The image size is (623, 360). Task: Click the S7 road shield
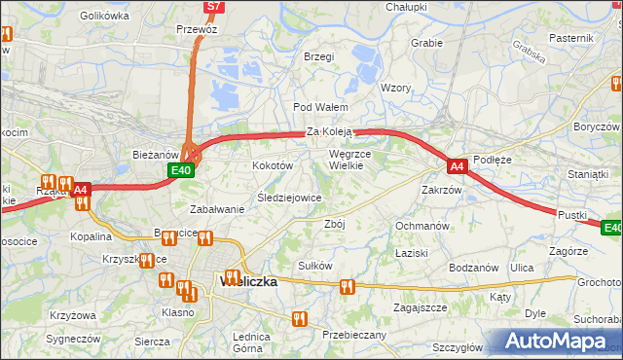coord(215,7)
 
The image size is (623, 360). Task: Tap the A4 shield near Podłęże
coord(457,166)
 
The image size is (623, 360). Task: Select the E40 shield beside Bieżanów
coord(179,170)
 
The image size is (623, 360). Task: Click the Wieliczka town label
coord(250,281)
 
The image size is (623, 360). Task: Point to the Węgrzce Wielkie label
coord(360,159)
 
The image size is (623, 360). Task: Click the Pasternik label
coord(571,37)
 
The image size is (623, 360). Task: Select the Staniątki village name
coord(587,173)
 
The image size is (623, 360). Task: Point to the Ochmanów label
coord(421,226)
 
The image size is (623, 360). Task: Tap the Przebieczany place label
coord(354,335)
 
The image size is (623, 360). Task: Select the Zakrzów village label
coord(441,190)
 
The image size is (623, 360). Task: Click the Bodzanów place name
coord(474,268)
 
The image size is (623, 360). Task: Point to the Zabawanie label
coord(216,209)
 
